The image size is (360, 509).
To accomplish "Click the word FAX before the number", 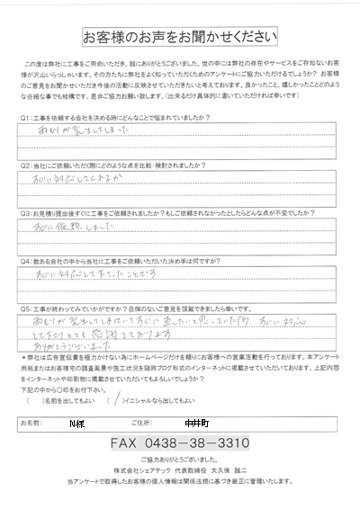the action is (128, 419).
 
